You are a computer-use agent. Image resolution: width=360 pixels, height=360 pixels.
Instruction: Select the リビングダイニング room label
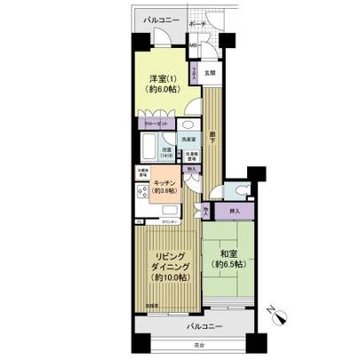(x=167, y=265)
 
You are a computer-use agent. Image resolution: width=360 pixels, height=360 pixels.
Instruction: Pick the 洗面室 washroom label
(x=188, y=140)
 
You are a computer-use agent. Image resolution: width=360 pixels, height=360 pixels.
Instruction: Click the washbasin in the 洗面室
(x=188, y=125)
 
